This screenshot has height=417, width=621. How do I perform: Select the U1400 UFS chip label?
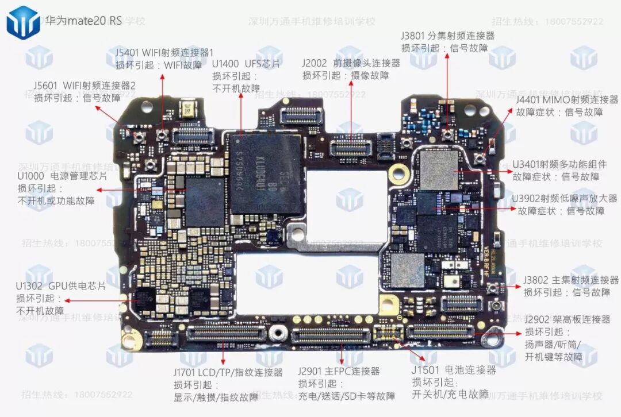(246, 63)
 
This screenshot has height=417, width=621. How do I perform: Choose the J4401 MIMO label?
(567, 100)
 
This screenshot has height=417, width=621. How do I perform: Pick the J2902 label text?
(567, 319)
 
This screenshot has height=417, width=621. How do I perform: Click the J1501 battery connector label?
(453, 370)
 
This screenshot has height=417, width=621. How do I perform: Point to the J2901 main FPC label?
(339, 372)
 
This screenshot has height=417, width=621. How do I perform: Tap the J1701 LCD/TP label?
(228, 372)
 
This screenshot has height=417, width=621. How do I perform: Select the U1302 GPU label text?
(60, 285)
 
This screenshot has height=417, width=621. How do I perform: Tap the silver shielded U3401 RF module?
(439, 170)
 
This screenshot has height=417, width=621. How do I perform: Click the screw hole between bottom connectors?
(278, 333)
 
